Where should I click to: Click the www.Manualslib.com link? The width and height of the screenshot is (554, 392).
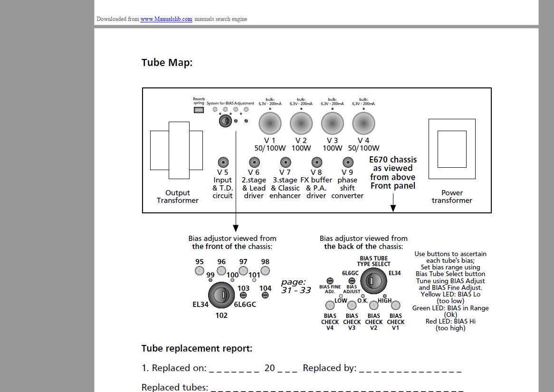click(166, 19)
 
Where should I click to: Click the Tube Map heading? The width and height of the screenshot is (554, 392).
click(167, 63)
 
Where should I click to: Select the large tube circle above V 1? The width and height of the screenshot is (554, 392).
click(270, 124)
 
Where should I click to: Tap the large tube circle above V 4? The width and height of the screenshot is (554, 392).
click(363, 124)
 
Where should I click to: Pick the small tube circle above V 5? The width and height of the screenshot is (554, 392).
click(222, 163)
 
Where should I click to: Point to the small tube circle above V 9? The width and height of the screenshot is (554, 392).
click(347, 163)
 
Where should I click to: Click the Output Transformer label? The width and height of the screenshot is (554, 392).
click(178, 197)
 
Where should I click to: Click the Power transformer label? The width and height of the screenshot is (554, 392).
click(452, 197)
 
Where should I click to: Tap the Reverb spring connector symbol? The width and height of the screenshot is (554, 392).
click(199, 110)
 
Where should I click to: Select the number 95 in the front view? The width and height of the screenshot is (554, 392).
click(200, 262)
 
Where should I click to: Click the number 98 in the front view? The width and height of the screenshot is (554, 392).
click(265, 262)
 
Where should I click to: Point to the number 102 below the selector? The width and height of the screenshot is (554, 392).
click(221, 316)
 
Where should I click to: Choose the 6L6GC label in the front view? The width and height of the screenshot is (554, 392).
click(245, 305)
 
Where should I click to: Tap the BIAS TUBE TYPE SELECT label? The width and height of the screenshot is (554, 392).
click(374, 261)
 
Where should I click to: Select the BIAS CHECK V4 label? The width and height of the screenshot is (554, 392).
click(330, 322)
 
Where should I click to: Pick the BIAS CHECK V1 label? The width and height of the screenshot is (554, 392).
click(396, 322)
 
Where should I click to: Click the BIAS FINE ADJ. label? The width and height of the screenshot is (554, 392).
click(330, 289)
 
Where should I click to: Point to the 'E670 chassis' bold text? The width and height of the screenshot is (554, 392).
click(393, 160)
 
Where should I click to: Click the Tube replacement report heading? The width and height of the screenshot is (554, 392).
click(197, 348)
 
